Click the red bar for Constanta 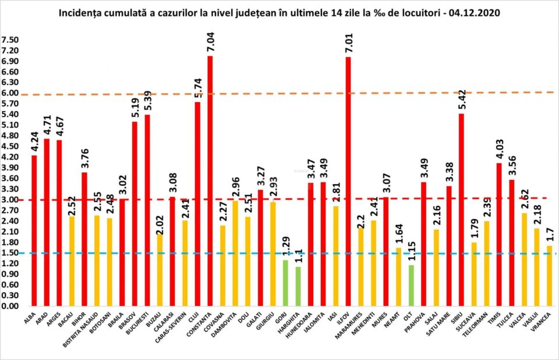tap(210, 181)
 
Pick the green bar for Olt tap(411, 285)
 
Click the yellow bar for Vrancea tap(549, 276)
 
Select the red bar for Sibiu tap(461, 210)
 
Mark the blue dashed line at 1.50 tap(279, 253)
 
